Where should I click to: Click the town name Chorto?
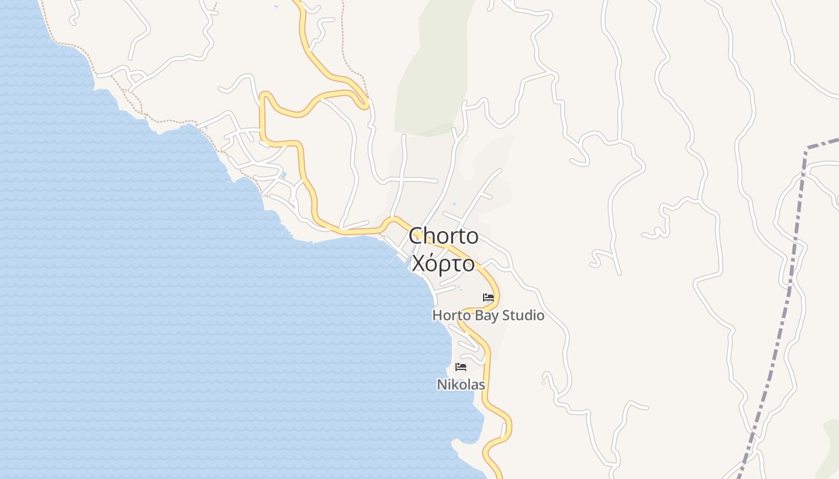click(443, 236)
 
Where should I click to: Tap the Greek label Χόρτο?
click(443, 263)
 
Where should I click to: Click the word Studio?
click(523, 315)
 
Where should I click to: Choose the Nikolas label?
click(460, 384)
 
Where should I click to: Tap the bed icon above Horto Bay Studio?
click(488, 297)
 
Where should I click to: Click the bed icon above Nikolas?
click(460, 366)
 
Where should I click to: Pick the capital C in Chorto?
click(417, 236)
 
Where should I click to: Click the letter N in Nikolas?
click(441, 384)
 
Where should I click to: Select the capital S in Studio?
click(506, 315)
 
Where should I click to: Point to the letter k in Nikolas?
click(454, 384)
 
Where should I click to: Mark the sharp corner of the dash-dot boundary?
click(807, 148)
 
